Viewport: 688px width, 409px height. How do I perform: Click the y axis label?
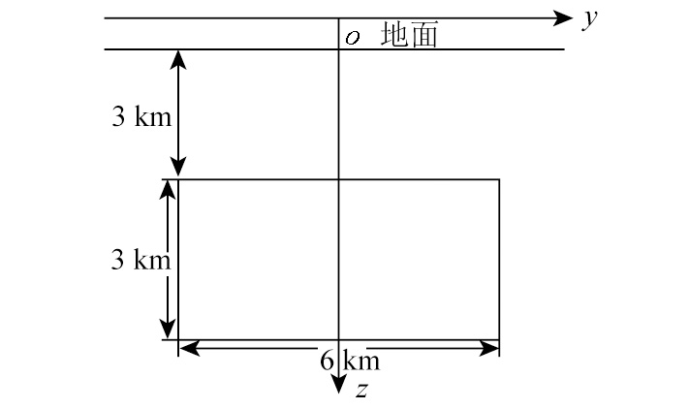590,19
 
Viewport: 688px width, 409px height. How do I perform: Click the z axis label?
361,390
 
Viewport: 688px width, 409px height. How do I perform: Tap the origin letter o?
353,38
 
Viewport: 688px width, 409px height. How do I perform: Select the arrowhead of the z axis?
338,385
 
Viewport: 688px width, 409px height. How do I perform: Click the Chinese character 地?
393,34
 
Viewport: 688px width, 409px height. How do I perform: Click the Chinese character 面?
423,35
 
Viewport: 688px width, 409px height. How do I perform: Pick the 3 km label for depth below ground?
141,116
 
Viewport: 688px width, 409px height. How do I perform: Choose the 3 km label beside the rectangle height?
141,259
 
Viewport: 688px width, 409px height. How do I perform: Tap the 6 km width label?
350,361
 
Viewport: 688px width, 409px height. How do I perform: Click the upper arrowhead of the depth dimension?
178,60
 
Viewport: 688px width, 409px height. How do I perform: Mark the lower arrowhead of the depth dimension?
178,167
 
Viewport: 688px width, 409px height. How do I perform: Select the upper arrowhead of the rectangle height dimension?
168,190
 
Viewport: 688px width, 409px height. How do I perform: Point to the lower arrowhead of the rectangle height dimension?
168,330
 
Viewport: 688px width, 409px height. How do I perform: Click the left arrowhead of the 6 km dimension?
190,349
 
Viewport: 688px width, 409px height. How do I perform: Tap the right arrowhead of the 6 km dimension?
488,349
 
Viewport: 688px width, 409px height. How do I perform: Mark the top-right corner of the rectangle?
499,179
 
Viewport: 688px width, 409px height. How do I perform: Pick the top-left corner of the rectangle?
178,179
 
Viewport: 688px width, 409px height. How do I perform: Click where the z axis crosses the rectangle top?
338,179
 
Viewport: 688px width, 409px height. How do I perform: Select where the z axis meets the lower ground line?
338,49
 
